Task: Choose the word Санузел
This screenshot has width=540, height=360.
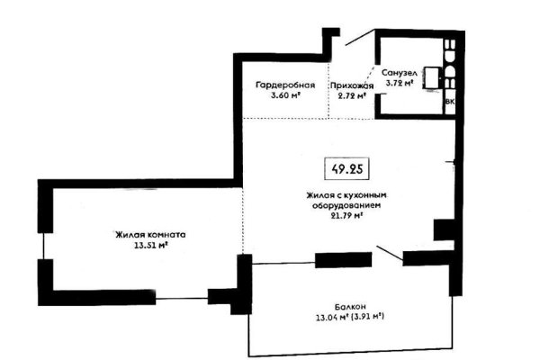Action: pos(398,71)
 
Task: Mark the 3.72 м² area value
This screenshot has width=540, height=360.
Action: pos(399,83)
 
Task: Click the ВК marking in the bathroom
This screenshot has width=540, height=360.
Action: pos(450,103)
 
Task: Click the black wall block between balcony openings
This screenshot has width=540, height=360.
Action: pos(343,261)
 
